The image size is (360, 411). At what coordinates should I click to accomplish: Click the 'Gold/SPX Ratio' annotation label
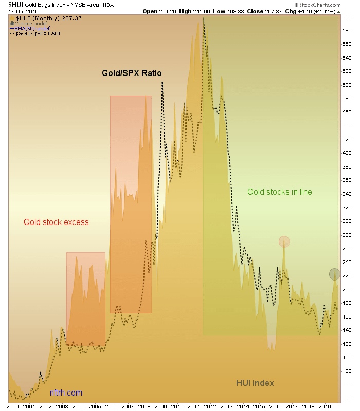coord(131,73)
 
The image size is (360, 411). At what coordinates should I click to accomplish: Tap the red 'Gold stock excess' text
coord(56,222)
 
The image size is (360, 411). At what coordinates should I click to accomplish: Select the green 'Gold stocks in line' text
coord(279,192)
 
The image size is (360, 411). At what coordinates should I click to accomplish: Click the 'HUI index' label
coord(255,383)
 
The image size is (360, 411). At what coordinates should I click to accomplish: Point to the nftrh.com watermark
coord(66,393)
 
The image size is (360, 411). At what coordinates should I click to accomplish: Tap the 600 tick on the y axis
coord(347,17)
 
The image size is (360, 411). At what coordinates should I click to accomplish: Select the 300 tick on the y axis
coord(347,221)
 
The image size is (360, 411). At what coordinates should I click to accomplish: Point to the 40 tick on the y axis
coord(347,398)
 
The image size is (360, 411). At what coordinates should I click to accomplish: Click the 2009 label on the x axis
coord(160,406)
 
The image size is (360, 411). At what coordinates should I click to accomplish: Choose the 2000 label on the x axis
coord(12,406)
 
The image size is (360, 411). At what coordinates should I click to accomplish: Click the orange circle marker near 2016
coord(284,241)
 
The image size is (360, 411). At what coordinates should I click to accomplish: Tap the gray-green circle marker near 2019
coord(334,274)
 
